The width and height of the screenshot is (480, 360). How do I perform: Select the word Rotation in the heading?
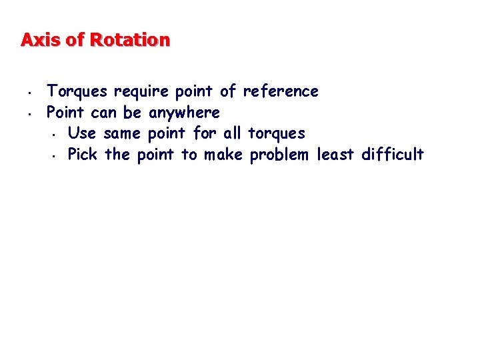130,40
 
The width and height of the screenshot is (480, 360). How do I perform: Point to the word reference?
281,91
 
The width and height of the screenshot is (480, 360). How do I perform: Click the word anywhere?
183,113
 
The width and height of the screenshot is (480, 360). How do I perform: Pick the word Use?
82,133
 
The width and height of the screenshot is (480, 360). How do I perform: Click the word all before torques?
232,133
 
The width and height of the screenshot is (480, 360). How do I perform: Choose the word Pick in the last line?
82,155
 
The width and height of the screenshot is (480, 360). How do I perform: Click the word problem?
279,155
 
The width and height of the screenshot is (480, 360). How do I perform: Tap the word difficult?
392,155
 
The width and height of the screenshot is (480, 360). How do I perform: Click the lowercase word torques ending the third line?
276,134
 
